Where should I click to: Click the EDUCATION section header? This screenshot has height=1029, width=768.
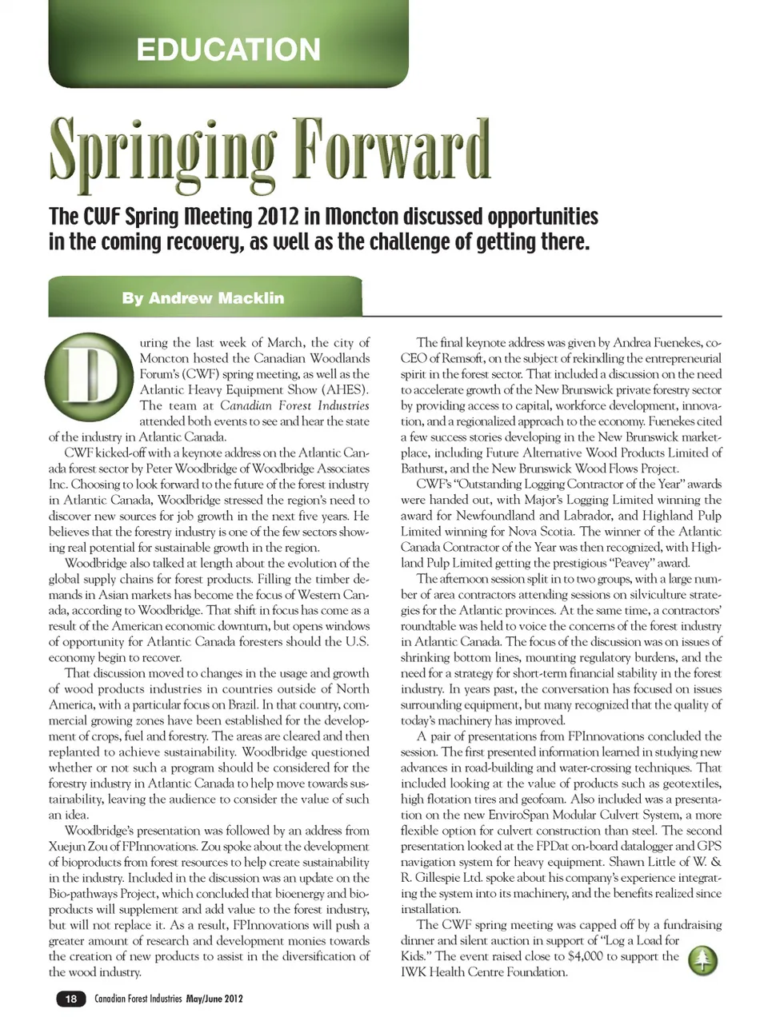[x=228, y=50]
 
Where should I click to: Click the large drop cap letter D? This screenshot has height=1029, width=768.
[x=88, y=374]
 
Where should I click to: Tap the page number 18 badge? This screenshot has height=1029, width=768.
[x=71, y=999]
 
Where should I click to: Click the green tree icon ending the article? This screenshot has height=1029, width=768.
[x=702, y=960]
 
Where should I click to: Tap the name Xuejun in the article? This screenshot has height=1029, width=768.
[x=69, y=846]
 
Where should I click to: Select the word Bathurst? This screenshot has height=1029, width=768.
[x=423, y=469]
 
